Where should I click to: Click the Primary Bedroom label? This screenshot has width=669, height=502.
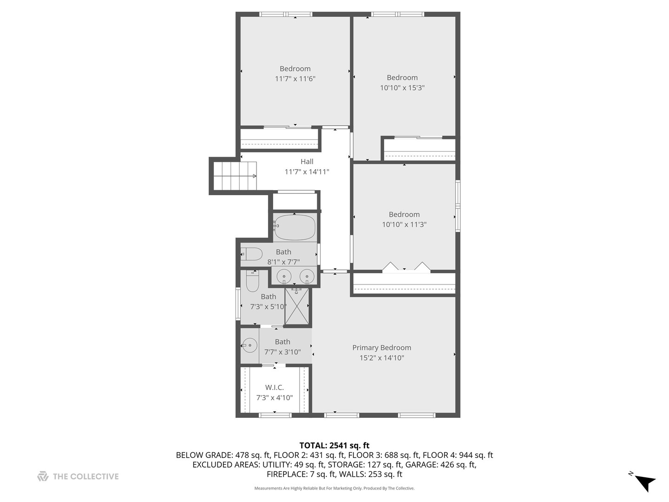[x=381, y=348]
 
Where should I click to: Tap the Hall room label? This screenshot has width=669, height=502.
[x=307, y=162]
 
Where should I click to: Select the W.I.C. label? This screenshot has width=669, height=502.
[x=274, y=387]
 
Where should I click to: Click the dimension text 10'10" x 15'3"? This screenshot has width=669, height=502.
[x=402, y=88]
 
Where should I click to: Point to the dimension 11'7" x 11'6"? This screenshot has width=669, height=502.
[x=295, y=79]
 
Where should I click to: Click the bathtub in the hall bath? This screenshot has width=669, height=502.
[x=294, y=227]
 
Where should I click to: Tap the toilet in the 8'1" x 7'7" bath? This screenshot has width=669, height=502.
[x=252, y=254]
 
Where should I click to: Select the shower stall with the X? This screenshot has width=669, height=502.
[x=296, y=306]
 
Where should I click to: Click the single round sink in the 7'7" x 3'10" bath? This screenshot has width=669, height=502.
[x=249, y=345]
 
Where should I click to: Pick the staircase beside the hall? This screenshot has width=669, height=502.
[x=235, y=176]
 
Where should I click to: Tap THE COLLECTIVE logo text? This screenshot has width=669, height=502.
[x=85, y=476]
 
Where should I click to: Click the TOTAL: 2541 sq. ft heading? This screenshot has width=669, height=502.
[x=334, y=445]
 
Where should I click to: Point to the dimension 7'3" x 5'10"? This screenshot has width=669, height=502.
[x=268, y=307]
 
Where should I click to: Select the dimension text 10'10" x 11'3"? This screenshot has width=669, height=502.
[x=404, y=225]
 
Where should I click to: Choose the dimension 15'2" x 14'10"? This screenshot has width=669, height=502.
[x=381, y=358]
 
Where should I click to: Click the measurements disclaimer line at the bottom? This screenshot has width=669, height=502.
[x=334, y=488]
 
